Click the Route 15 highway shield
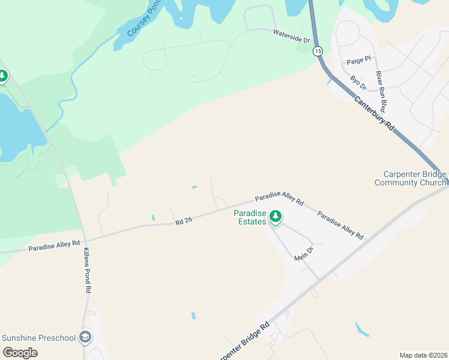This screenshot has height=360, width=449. [318, 51]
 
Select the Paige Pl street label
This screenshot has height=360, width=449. [360, 61]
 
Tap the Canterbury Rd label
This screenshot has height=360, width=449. [373, 114]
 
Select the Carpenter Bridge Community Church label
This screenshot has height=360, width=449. [411, 178]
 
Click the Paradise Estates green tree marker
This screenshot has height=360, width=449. [276, 215]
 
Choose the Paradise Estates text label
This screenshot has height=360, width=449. [249, 217]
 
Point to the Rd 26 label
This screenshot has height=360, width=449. [184, 221]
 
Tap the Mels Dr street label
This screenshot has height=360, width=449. [304, 254]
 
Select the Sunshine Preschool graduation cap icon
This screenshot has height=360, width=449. [86, 337]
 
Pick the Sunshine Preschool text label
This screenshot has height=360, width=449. [39, 338]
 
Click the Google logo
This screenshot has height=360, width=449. [20, 352]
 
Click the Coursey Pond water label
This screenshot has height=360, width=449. [142, 18]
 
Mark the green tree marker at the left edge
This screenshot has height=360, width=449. [2, 76]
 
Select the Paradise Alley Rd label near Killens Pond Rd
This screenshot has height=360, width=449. [54, 245]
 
